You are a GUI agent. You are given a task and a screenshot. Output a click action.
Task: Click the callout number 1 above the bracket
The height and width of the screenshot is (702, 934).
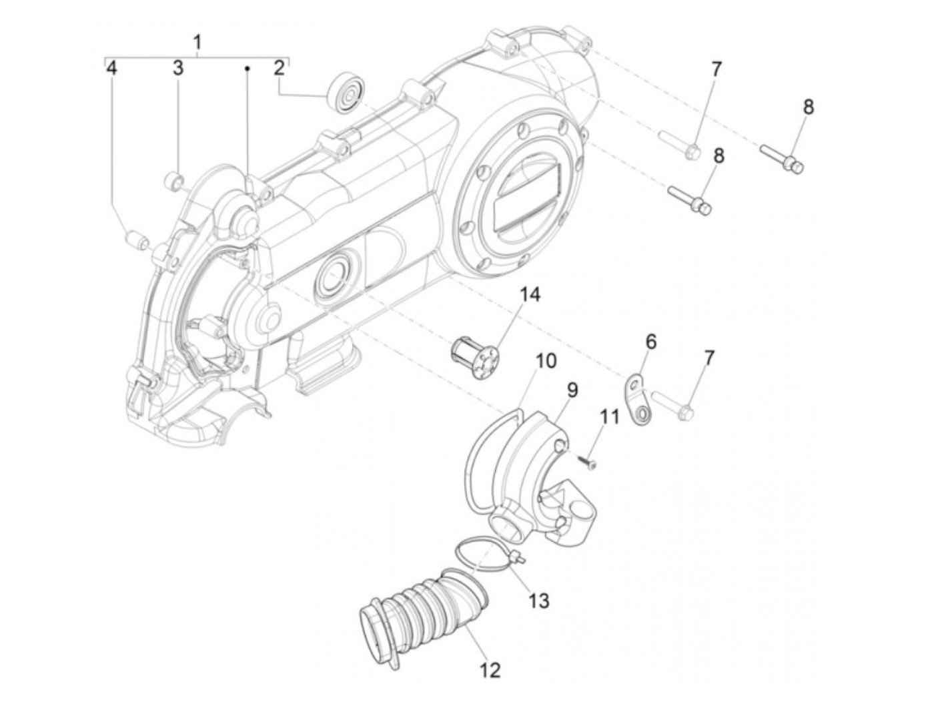(197, 42)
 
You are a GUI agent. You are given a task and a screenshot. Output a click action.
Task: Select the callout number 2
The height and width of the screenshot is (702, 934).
(279, 67)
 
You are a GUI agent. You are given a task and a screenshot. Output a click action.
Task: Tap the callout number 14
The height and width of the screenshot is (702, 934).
(531, 295)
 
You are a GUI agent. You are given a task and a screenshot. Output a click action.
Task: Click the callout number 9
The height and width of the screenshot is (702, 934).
(572, 390)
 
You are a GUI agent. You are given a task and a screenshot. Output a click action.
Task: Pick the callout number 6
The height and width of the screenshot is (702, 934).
(650, 342)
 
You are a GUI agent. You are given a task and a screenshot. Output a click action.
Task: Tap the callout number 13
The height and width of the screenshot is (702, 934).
(538, 601)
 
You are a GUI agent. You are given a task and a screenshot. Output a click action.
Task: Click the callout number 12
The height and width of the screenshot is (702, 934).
(490, 669)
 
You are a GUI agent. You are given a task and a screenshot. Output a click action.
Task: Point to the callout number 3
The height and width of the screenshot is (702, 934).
(178, 67)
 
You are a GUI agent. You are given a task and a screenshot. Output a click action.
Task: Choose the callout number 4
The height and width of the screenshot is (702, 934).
(112, 67)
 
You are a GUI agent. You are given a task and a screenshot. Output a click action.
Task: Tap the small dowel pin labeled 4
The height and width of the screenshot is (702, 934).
(137, 240)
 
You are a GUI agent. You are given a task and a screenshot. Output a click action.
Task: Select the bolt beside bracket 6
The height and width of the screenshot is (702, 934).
(674, 406)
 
